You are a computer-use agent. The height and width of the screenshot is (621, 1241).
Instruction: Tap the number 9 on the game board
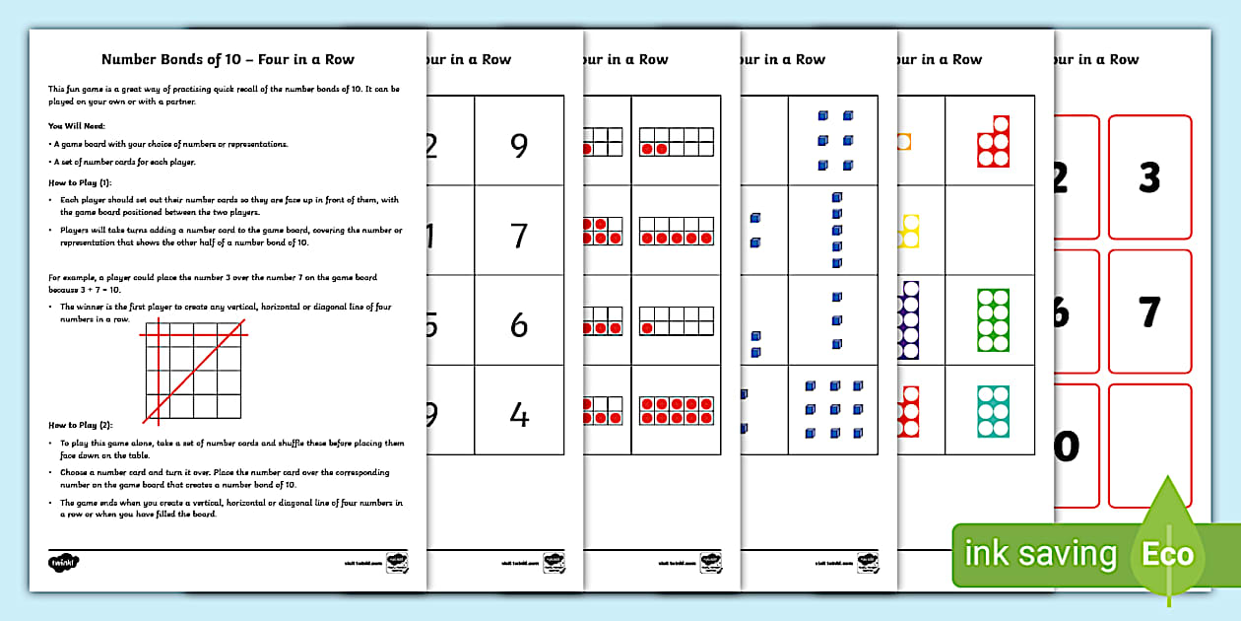[519, 146]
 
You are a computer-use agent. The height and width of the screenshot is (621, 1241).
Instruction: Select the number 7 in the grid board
[519, 237]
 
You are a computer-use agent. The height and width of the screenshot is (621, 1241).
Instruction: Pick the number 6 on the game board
[519, 326]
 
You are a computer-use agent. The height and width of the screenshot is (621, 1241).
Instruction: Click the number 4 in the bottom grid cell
[519, 416]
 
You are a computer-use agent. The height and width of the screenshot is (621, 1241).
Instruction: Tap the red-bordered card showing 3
[1149, 178]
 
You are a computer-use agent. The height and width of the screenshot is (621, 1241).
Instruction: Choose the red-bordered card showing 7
[1149, 312]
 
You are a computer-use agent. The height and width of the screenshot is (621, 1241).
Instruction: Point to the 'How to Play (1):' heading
[80, 183]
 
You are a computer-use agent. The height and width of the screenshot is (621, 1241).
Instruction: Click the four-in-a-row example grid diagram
[193, 371]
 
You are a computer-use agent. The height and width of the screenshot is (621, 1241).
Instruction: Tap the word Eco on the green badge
[1167, 554]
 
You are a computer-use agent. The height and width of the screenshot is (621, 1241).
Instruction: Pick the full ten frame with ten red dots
[677, 411]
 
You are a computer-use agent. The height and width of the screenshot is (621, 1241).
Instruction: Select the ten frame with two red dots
[677, 144]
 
